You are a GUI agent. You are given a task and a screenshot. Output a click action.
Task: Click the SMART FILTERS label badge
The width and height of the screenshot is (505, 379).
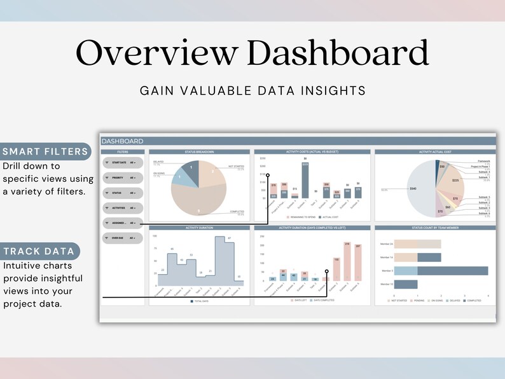tap(45, 151)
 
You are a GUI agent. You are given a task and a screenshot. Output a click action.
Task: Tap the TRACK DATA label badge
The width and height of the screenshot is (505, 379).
tap(40, 251)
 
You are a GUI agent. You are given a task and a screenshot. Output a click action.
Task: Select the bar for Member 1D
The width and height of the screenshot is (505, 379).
tap(406, 284)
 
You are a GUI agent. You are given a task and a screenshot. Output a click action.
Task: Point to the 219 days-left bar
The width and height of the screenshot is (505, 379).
tap(347, 262)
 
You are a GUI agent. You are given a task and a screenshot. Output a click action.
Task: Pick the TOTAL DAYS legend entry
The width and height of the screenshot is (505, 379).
tap(200, 301)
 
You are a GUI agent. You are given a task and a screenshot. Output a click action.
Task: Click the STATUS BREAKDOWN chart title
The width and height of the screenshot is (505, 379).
tap(200, 152)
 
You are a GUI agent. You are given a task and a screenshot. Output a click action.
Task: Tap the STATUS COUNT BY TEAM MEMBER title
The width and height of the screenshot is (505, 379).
tap(435, 227)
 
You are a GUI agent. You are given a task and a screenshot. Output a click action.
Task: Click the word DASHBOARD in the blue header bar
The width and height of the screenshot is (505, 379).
tap(123, 141)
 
